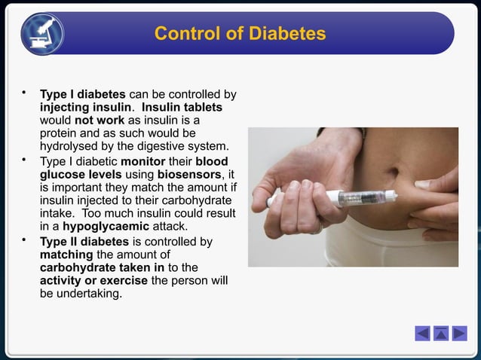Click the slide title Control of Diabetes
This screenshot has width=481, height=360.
(x=240, y=34)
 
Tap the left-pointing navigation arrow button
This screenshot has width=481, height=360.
(x=422, y=333)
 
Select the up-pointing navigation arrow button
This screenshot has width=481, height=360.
(x=441, y=333)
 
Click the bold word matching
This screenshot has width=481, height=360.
(x=66, y=255)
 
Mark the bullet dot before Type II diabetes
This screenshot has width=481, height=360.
(x=25, y=241)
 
